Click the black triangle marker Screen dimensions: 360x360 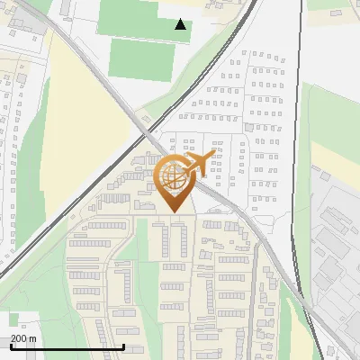181,25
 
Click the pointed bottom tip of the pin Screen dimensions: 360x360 175,211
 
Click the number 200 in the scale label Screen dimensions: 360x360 19,338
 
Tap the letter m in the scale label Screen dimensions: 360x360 33,338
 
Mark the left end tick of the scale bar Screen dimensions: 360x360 11,346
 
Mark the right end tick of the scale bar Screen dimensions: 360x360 123,346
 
